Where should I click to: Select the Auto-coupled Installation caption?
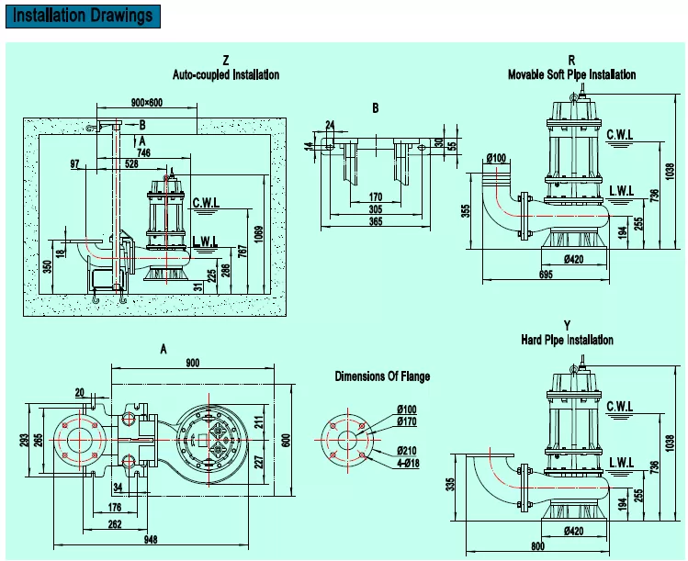point(226,74)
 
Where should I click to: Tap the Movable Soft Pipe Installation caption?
point(571,74)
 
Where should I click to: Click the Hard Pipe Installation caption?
point(567,340)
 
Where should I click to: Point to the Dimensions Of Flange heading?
point(382,376)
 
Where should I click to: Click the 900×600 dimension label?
point(148,103)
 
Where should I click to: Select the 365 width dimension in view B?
point(376,220)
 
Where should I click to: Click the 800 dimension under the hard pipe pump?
point(536,548)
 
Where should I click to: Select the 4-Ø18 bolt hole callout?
point(410,465)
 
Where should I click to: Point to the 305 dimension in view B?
point(376,208)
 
